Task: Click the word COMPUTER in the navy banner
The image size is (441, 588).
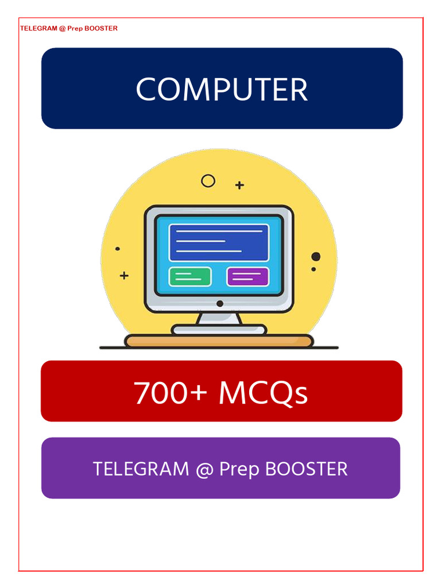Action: click(222, 90)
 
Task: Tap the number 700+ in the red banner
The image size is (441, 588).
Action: click(170, 393)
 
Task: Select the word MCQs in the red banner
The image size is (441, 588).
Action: click(264, 394)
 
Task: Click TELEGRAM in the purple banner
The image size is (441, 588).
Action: click(141, 469)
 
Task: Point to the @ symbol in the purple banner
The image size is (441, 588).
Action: click(204, 470)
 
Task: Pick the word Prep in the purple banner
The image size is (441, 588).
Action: click(239, 470)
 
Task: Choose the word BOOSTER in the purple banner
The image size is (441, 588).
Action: click(307, 469)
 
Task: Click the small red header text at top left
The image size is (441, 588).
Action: click(68, 28)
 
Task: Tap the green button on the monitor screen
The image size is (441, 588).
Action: click(190, 276)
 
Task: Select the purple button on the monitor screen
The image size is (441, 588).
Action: click(248, 276)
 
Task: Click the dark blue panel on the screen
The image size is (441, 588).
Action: click(219, 242)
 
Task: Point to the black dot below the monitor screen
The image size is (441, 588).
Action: click(219, 303)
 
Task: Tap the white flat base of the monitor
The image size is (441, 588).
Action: click(219, 330)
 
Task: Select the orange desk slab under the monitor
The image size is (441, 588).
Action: click(219, 341)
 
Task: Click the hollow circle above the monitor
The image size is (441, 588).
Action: click(208, 181)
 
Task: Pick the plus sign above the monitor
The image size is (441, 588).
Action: click(239, 185)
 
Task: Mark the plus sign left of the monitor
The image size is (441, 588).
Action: click(124, 276)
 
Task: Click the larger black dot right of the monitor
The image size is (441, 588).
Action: click(316, 257)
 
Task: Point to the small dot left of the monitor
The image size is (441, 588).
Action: click(118, 249)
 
